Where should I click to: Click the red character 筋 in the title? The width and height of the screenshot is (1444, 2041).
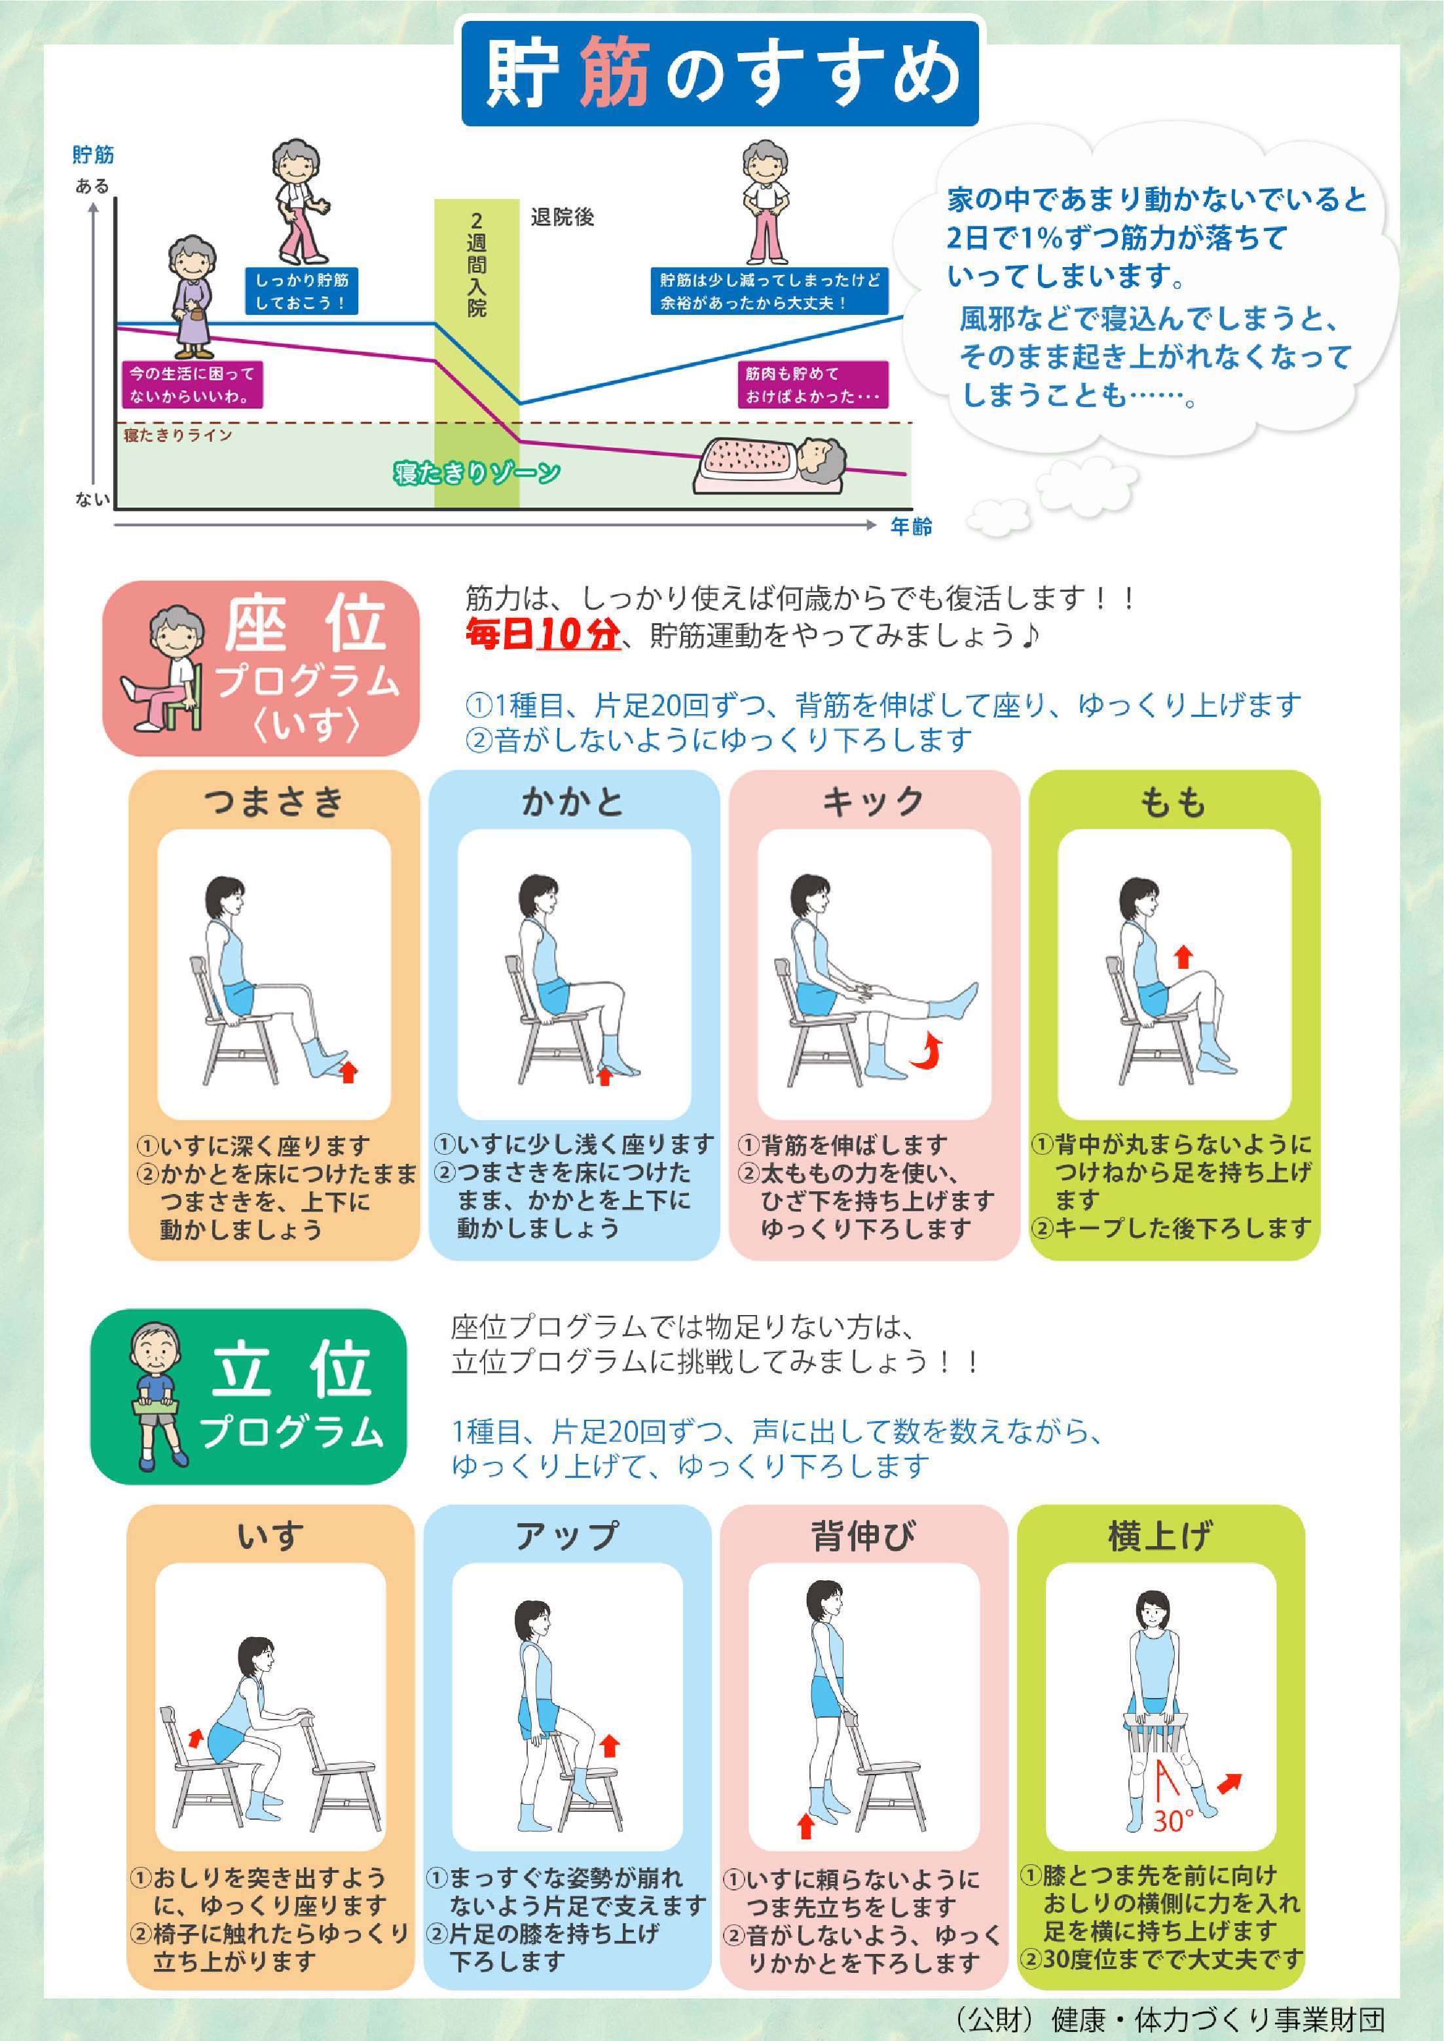coord(614,74)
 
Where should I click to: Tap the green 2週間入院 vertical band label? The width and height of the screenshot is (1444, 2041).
coord(477,265)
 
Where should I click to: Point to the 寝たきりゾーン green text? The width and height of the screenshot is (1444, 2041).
coord(477,473)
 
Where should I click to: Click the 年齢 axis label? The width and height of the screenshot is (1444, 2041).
coord(912,526)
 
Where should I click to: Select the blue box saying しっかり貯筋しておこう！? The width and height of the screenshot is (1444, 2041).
coord(301,291)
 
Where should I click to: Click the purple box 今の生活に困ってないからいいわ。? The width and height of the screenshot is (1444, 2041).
coord(192,385)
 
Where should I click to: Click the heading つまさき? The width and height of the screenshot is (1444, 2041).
coord(274,802)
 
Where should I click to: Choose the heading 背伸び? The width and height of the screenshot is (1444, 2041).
coord(862,1536)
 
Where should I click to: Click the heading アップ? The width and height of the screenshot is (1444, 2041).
coord(566,1536)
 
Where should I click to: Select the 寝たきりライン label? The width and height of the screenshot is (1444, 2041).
coord(178,435)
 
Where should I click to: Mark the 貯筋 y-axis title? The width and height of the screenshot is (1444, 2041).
coord(94,154)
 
